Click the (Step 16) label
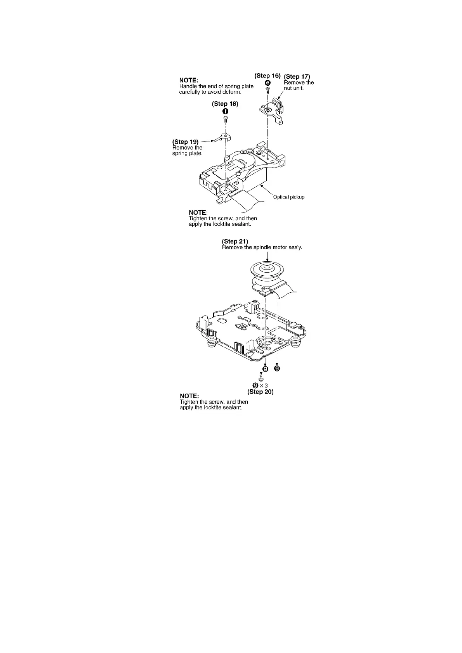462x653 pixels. pyautogui.click(x=267, y=76)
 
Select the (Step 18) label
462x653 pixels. pyautogui.click(x=225, y=104)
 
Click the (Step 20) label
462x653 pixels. pyautogui.click(x=261, y=392)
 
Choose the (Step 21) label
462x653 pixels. pyautogui.click(x=235, y=242)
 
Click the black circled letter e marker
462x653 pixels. pyautogui.click(x=267, y=83)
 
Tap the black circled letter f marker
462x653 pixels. pyautogui.click(x=225, y=111)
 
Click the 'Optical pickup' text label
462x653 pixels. pyautogui.click(x=288, y=197)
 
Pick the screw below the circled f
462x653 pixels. pyautogui.click(x=225, y=119)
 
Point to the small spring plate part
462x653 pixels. pyautogui.click(x=221, y=138)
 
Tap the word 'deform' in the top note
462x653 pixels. pyautogui.click(x=232, y=92)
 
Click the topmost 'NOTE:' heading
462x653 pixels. pyautogui.click(x=189, y=80)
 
